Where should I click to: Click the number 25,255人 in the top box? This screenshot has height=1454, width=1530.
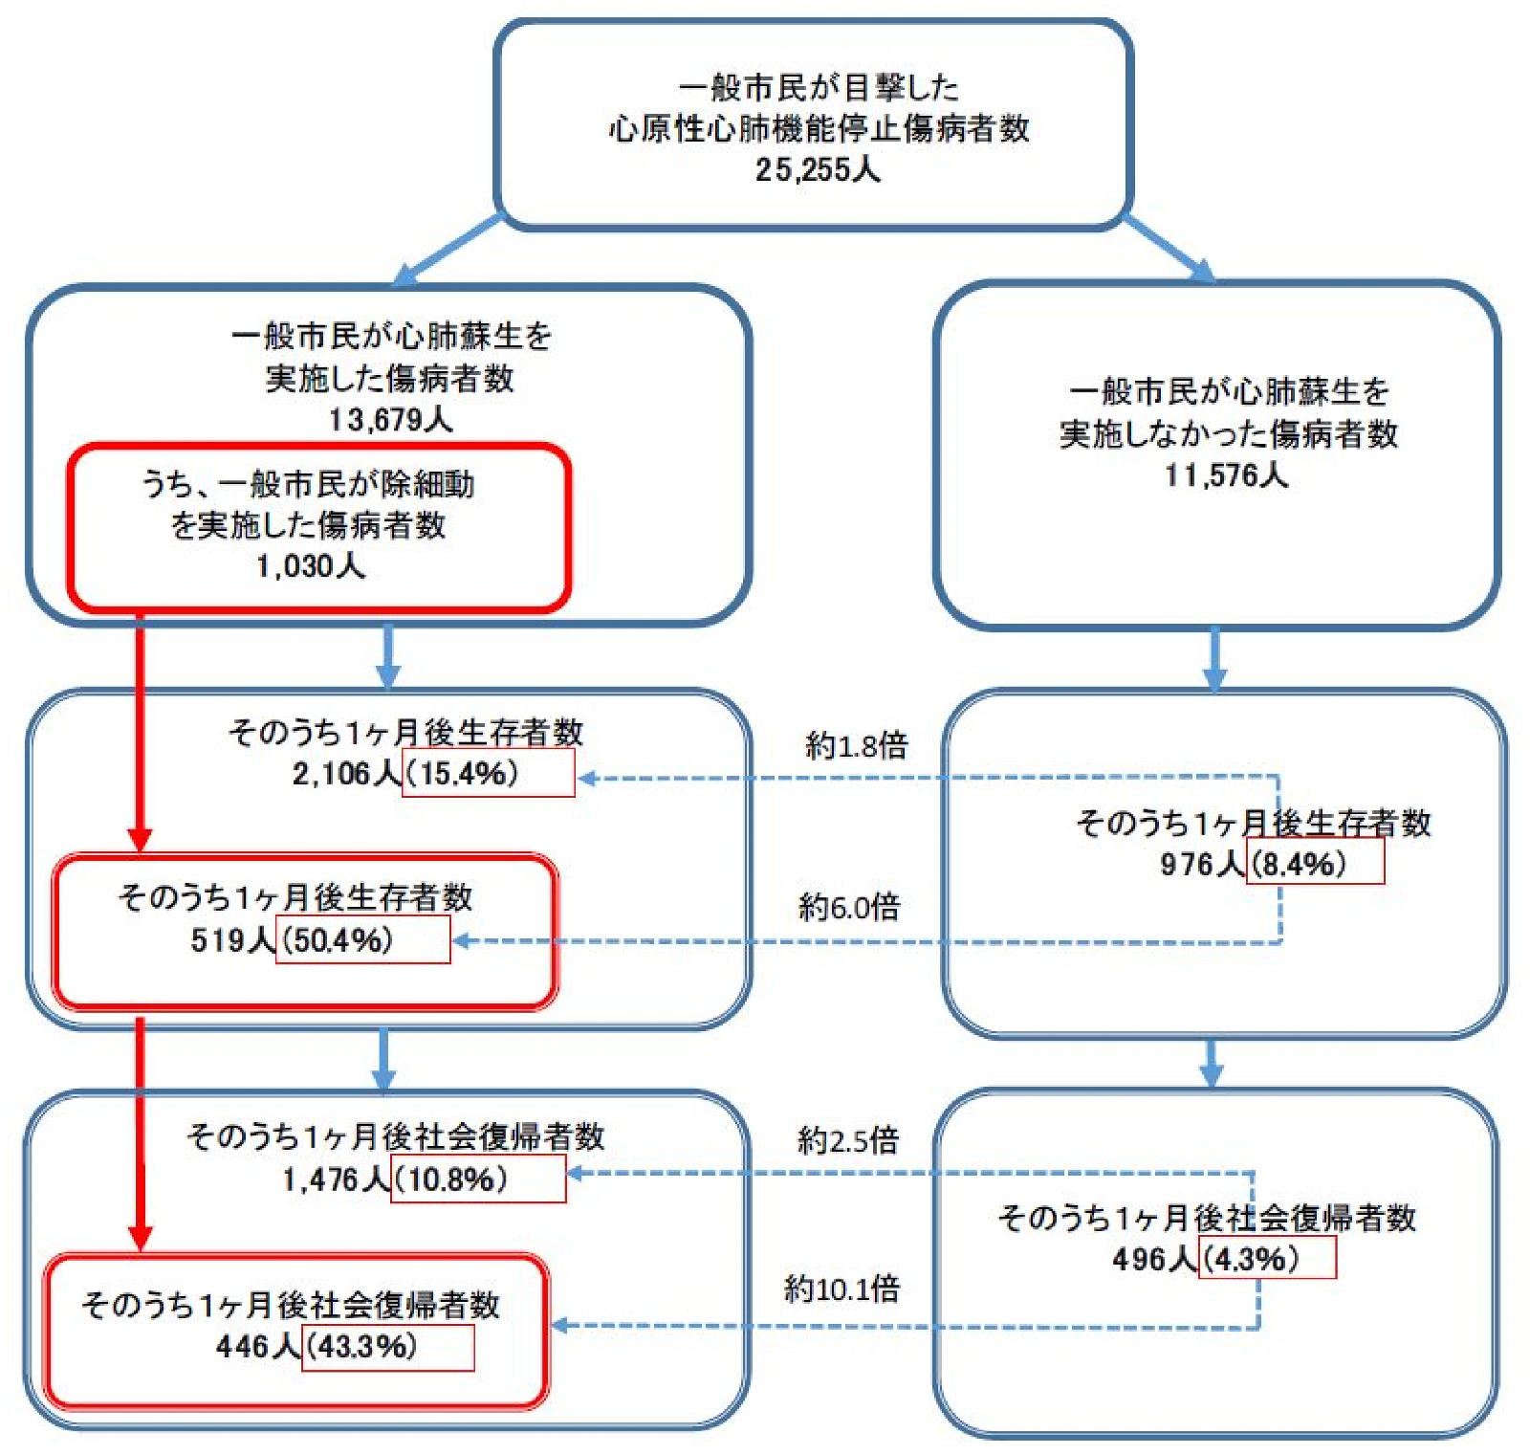pyautogui.click(x=818, y=169)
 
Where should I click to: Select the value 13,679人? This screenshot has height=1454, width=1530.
pyautogui.click(x=390, y=419)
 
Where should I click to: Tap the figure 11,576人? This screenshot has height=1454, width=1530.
pyautogui.click(x=1226, y=474)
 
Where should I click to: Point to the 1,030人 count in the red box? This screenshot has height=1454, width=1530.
pyautogui.click(x=310, y=565)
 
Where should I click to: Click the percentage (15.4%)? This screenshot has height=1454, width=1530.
pyautogui.click(x=462, y=773)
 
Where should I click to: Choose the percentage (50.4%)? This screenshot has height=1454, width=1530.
pyautogui.click(x=337, y=939)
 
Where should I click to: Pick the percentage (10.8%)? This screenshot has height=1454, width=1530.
pyautogui.click(x=450, y=1179)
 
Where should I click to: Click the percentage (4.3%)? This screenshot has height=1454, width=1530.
pyautogui.click(x=1251, y=1258)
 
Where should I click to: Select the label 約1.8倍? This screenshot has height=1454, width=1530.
pyautogui.click(x=856, y=744)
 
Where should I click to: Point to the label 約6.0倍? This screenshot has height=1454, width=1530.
pyautogui.click(x=849, y=906)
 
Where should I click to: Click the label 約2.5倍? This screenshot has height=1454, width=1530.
pyautogui.click(x=848, y=1139)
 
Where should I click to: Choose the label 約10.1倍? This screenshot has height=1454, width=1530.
pyautogui.click(x=841, y=1289)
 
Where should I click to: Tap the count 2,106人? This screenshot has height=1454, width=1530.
pyautogui.click(x=347, y=773)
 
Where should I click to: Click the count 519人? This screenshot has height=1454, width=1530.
pyautogui.click(x=233, y=939)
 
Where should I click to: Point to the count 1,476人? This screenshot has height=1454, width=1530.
pyautogui.click(x=336, y=1179)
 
